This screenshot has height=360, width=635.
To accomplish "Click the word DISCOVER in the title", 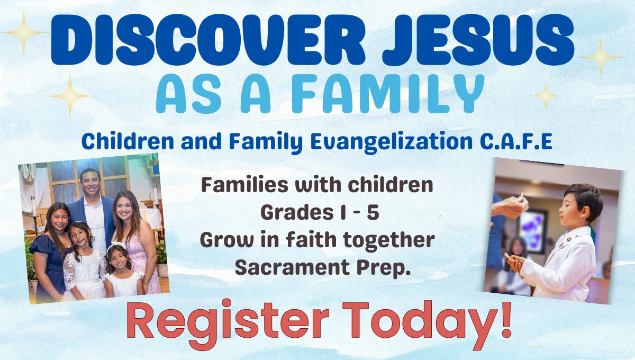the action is click(208, 40).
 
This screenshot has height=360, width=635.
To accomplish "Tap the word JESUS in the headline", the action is click(478, 40).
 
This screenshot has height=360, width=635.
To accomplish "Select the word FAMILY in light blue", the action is click(388, 94).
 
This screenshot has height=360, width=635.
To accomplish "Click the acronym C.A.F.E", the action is click(516, 141).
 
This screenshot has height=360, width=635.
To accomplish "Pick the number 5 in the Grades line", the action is click(373, 212).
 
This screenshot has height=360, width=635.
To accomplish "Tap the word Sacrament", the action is click(292, 267).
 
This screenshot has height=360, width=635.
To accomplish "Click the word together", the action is click(388, 240).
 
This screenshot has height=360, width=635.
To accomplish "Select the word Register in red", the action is click(228, 323).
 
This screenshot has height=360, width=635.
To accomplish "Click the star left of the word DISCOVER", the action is click(24, 32).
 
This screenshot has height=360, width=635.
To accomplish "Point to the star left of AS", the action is click(70, 96).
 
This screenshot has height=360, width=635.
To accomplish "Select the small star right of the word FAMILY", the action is click(546, 96).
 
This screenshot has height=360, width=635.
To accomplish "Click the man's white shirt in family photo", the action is click(97, 224).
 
